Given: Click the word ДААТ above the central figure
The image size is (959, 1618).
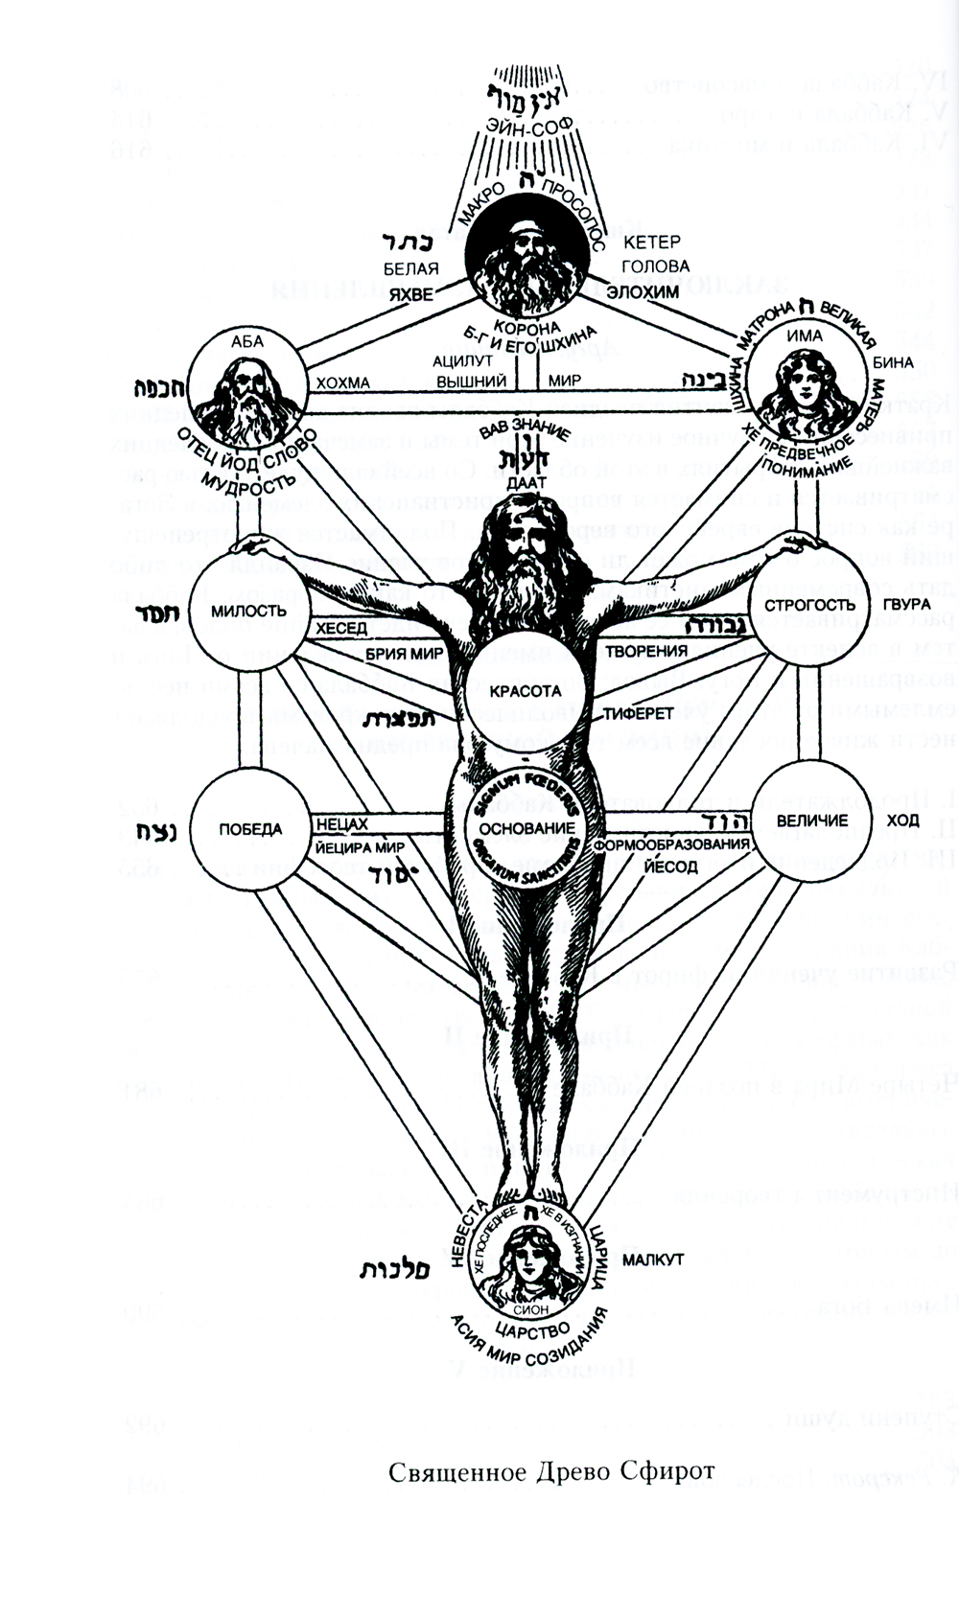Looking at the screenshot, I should point(525,484).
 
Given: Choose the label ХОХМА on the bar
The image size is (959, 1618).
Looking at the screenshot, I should point(342,382).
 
